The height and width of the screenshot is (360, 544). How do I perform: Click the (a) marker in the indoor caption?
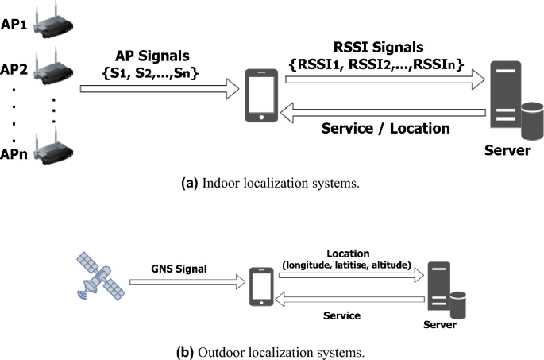point(190,182)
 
